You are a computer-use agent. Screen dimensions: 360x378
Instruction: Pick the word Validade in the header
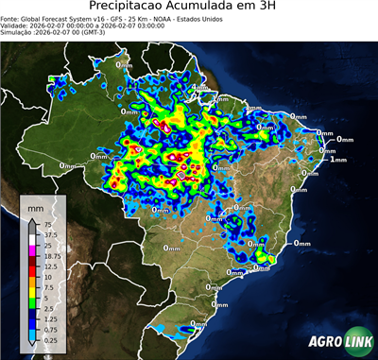[17, 28]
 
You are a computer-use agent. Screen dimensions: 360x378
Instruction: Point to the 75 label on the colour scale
[46, 225]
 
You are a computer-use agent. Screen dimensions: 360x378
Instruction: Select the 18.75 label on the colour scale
[51, 256]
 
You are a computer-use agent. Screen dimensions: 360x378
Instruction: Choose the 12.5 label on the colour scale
[49, 266]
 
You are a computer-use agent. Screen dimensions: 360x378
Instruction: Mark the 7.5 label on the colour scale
[47, 287]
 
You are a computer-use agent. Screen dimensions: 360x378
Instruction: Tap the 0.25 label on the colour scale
[49, 339]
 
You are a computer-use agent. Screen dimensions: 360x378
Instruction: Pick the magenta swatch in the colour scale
[33, 250]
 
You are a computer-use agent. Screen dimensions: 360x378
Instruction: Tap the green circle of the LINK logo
[360, 343]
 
